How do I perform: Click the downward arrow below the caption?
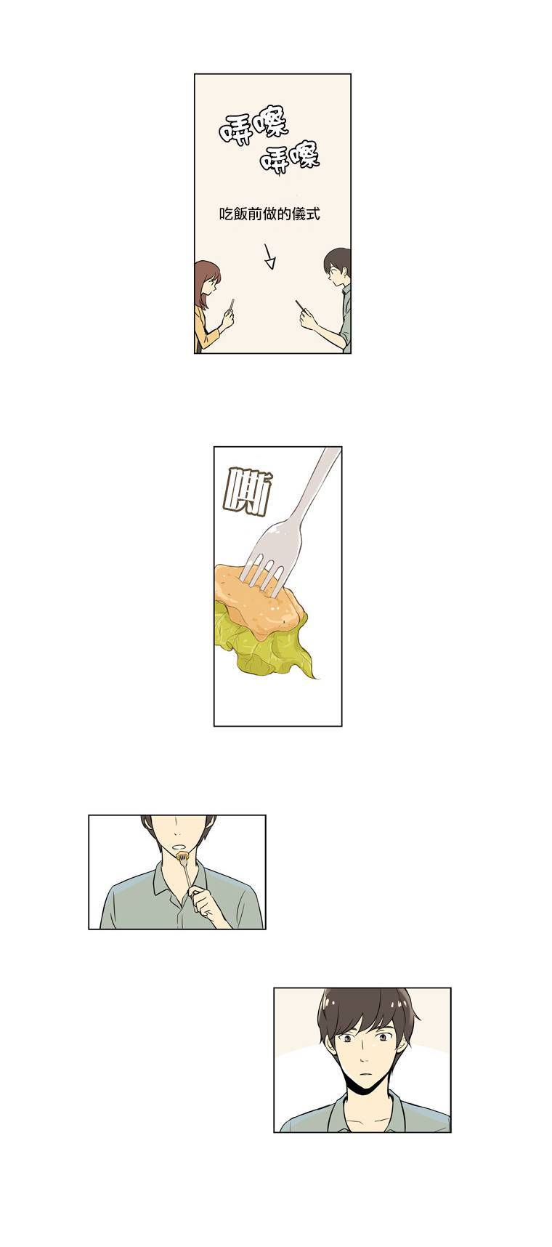tap(269, 255)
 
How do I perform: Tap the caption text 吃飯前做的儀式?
tap(269, 214)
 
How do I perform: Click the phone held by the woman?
tap(230, 306)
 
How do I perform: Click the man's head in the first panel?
tap(338, 266)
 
